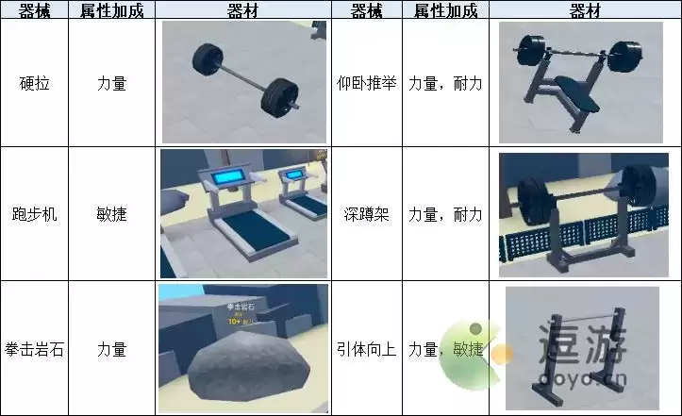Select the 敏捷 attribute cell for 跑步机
(x=111, y=214)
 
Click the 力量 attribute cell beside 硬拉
(x=111, y=82)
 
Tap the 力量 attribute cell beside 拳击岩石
(x=111, y=348)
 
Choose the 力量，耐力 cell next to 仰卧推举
(x=445, y=82)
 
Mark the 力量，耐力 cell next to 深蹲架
(x=445, y=214)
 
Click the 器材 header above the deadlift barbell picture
(x=243, y=9)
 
